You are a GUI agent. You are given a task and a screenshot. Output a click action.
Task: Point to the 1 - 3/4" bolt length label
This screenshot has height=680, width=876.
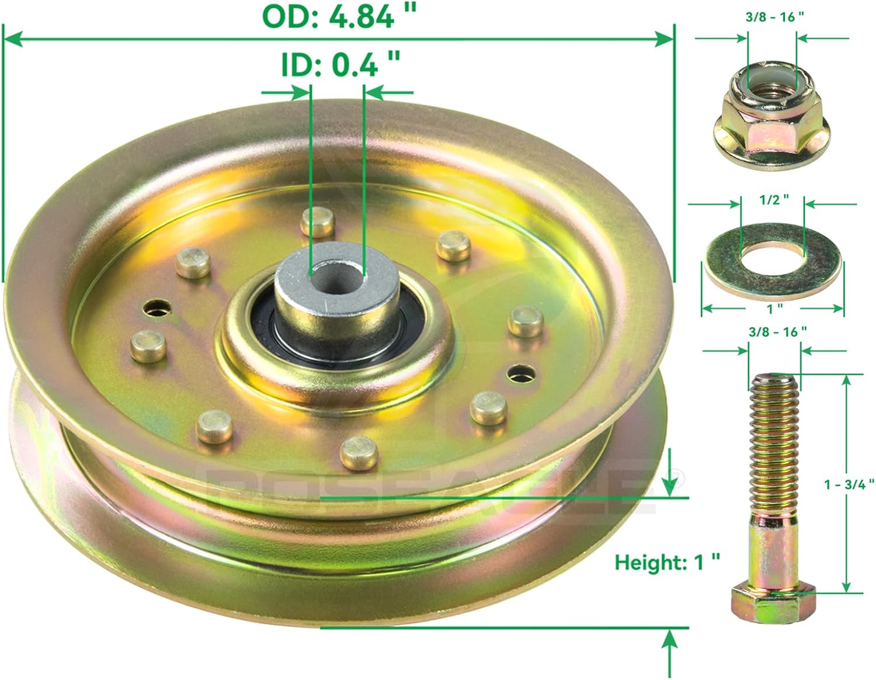click(849, 483)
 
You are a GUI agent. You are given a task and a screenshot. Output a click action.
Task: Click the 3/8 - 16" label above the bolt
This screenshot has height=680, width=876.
click(776, 331)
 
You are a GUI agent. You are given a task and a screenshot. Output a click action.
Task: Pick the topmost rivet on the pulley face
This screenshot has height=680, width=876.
click(317, 221)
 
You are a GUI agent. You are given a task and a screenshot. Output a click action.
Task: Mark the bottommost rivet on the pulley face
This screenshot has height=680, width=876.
click(359, 452)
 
